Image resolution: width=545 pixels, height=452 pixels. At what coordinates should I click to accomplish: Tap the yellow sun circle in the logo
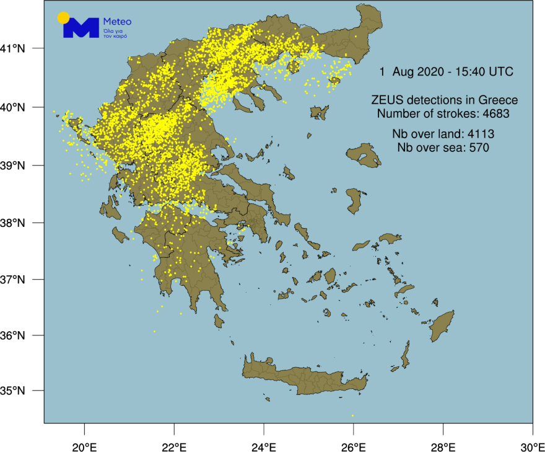[x=63, y=17]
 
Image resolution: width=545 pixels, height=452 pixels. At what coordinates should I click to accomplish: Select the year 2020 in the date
[x=425, y=72]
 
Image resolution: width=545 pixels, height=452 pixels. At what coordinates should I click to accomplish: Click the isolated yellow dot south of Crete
[x=352, y=415]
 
